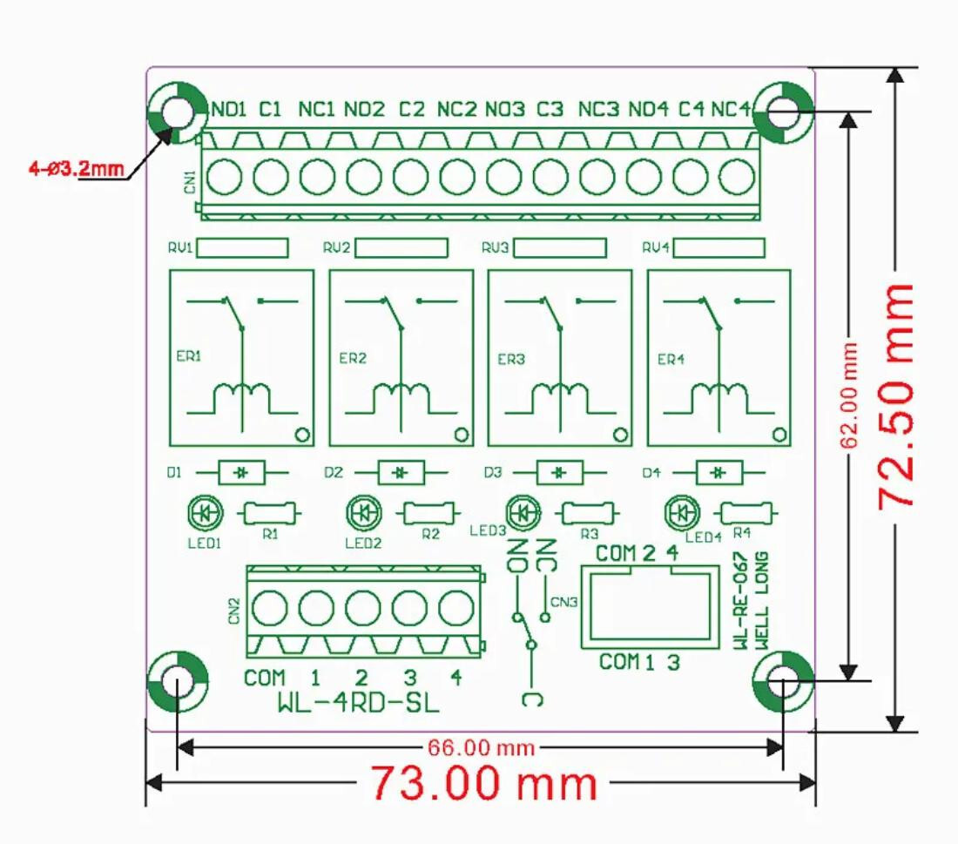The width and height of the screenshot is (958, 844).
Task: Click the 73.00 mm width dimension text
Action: coord(484,782)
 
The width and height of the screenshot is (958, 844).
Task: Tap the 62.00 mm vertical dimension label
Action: coord(850,395)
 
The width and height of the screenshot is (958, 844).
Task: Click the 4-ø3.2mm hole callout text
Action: coord(76,169)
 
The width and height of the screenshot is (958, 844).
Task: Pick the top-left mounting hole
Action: coord(177,113)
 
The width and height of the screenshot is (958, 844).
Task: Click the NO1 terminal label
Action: coord(229,110)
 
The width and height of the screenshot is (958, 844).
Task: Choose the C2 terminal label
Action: coord(411,110)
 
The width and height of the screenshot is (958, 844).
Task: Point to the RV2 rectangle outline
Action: coord(401,248)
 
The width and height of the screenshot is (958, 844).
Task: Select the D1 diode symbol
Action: coord(242,473)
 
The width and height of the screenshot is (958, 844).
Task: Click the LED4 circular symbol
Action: coord(682,514)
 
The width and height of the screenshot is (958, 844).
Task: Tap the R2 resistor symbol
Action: coord(430,514)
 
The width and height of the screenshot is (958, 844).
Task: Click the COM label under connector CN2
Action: coord(264,678)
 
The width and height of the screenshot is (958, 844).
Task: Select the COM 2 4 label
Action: coord(637,553)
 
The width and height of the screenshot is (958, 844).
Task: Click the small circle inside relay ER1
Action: coord(301,434)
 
